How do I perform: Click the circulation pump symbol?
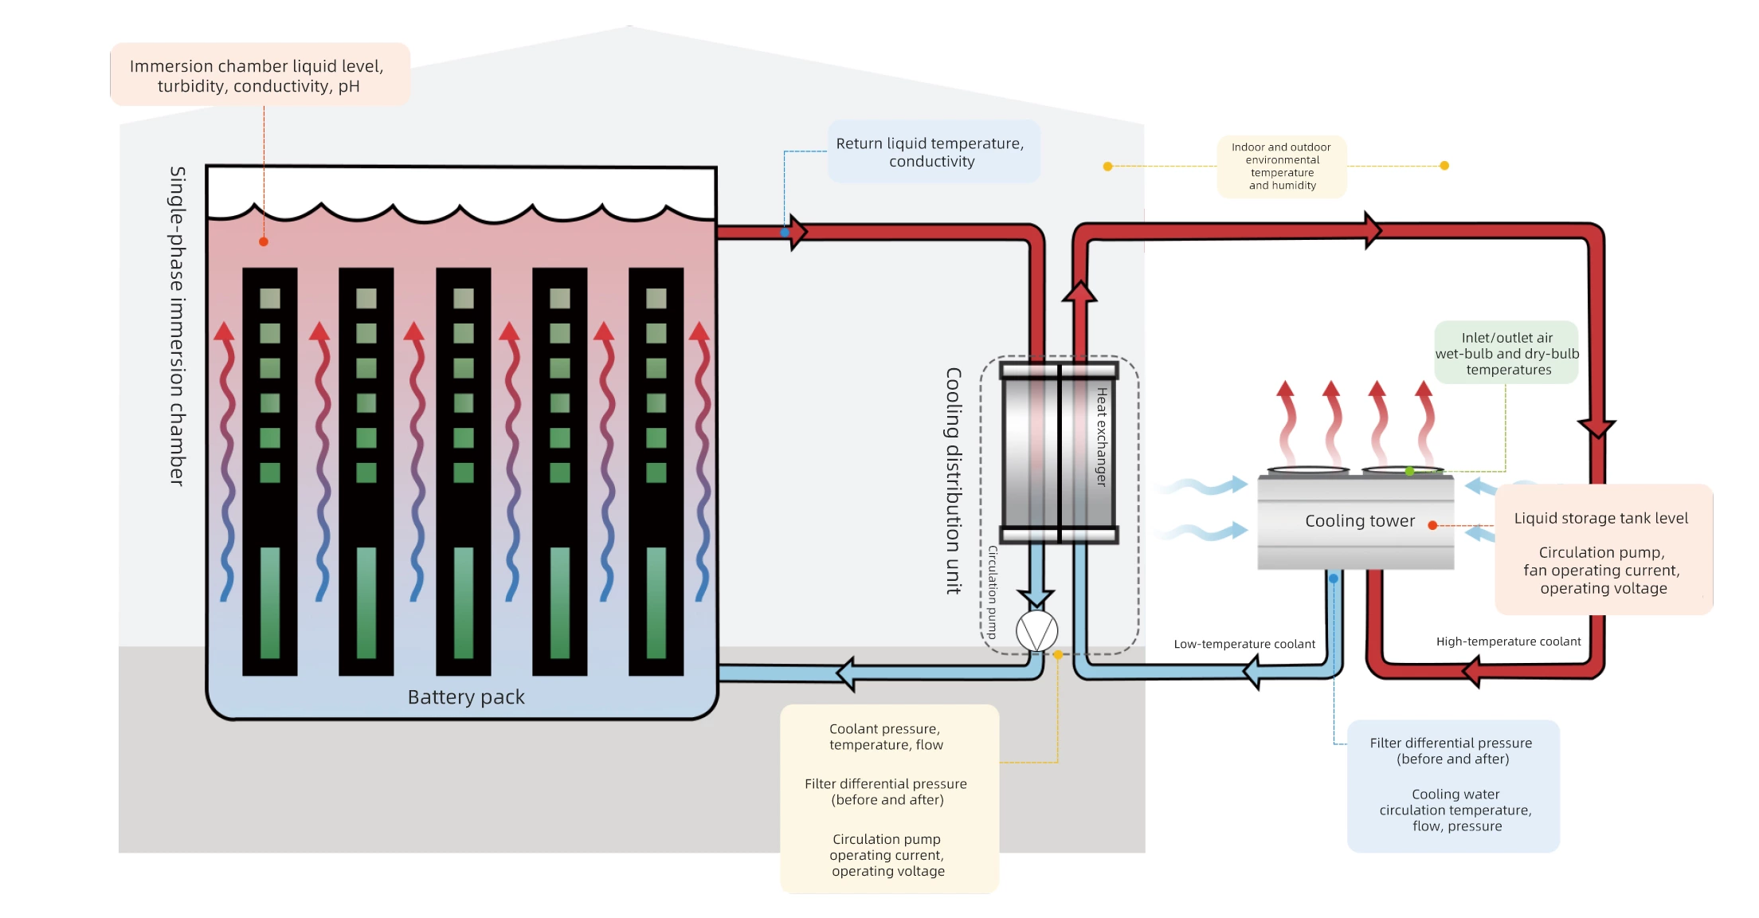(x=1036, y=631)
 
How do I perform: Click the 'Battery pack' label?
(x=466, y=697)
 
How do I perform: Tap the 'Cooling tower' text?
(x=1359, y=521)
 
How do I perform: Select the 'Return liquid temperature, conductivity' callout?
(x=930, y=152)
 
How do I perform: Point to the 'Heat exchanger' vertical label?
(x=1101, y=437)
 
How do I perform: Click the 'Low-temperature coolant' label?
(x=1244, y=644)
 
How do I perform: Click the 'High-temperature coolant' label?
(x=1508, y=641)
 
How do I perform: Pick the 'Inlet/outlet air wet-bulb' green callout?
(x=1506, y=354)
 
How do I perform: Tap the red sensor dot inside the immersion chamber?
(x=264, y=241)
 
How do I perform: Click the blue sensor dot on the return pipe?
(x=785, y=233)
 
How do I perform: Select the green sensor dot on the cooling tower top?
(x=1409, y=472)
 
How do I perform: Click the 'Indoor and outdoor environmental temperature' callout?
(x=1281, y=167)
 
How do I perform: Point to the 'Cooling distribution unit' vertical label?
(x=953, y=481)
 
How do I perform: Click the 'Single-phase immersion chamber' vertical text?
(x=177, y=326)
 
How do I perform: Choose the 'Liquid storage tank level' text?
(x=1600, y=519)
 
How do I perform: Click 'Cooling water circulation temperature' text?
(x=1455, y=810)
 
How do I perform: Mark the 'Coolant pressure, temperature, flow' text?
(x=885, y=737)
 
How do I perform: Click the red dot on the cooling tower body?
(x=1432, y=525)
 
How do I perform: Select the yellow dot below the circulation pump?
(x=1058, y=655)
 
